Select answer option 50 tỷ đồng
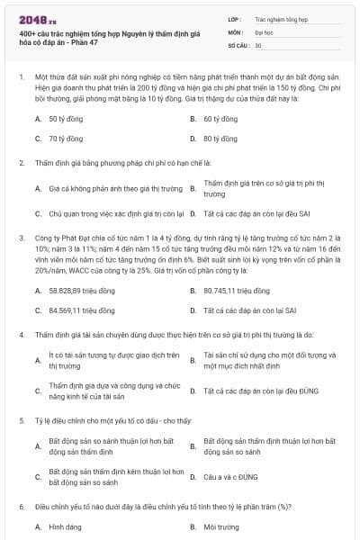[x=66, y=118]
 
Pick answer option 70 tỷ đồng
[x=66, y=139]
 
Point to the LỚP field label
[x=235, y=17]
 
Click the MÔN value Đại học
[x=265, y=31]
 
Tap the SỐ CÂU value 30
[x=258, y=44]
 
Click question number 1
[x=21, y=78]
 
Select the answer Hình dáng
[x=66, y=526]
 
